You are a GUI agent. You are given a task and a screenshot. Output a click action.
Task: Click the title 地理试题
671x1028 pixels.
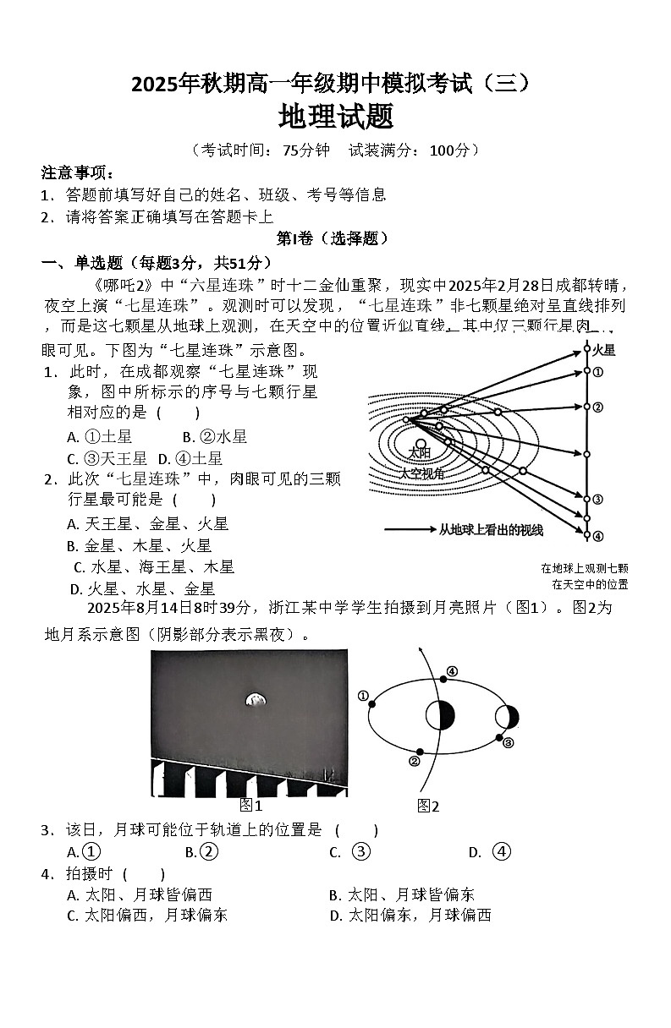coord(336,116)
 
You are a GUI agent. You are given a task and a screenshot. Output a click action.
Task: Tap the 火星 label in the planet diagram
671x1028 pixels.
coord(603,350)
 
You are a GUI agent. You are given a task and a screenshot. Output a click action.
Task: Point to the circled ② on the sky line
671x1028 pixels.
coord(597,407)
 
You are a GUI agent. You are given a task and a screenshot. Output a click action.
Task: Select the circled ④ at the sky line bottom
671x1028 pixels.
coord(597,535)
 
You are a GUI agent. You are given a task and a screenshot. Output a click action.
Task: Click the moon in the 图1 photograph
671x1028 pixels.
coord(253,699)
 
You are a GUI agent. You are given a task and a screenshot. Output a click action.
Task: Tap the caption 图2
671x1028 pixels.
coord(428,807)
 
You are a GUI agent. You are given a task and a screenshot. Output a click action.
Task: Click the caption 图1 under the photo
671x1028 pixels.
coord(251,804)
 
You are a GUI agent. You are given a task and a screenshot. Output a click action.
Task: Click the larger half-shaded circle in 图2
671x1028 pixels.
coord(440,715)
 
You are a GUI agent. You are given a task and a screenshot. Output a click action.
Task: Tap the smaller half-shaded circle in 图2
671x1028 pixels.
coord(508,717)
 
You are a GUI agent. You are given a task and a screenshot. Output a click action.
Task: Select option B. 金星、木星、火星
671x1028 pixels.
coord(139,546)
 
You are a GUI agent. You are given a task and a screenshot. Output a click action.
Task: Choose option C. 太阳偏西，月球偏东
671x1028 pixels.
coord(147,915)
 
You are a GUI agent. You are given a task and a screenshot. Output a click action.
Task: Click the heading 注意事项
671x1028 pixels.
coord(77,173)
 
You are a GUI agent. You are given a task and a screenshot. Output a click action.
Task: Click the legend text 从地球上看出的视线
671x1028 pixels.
coord(491,530)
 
